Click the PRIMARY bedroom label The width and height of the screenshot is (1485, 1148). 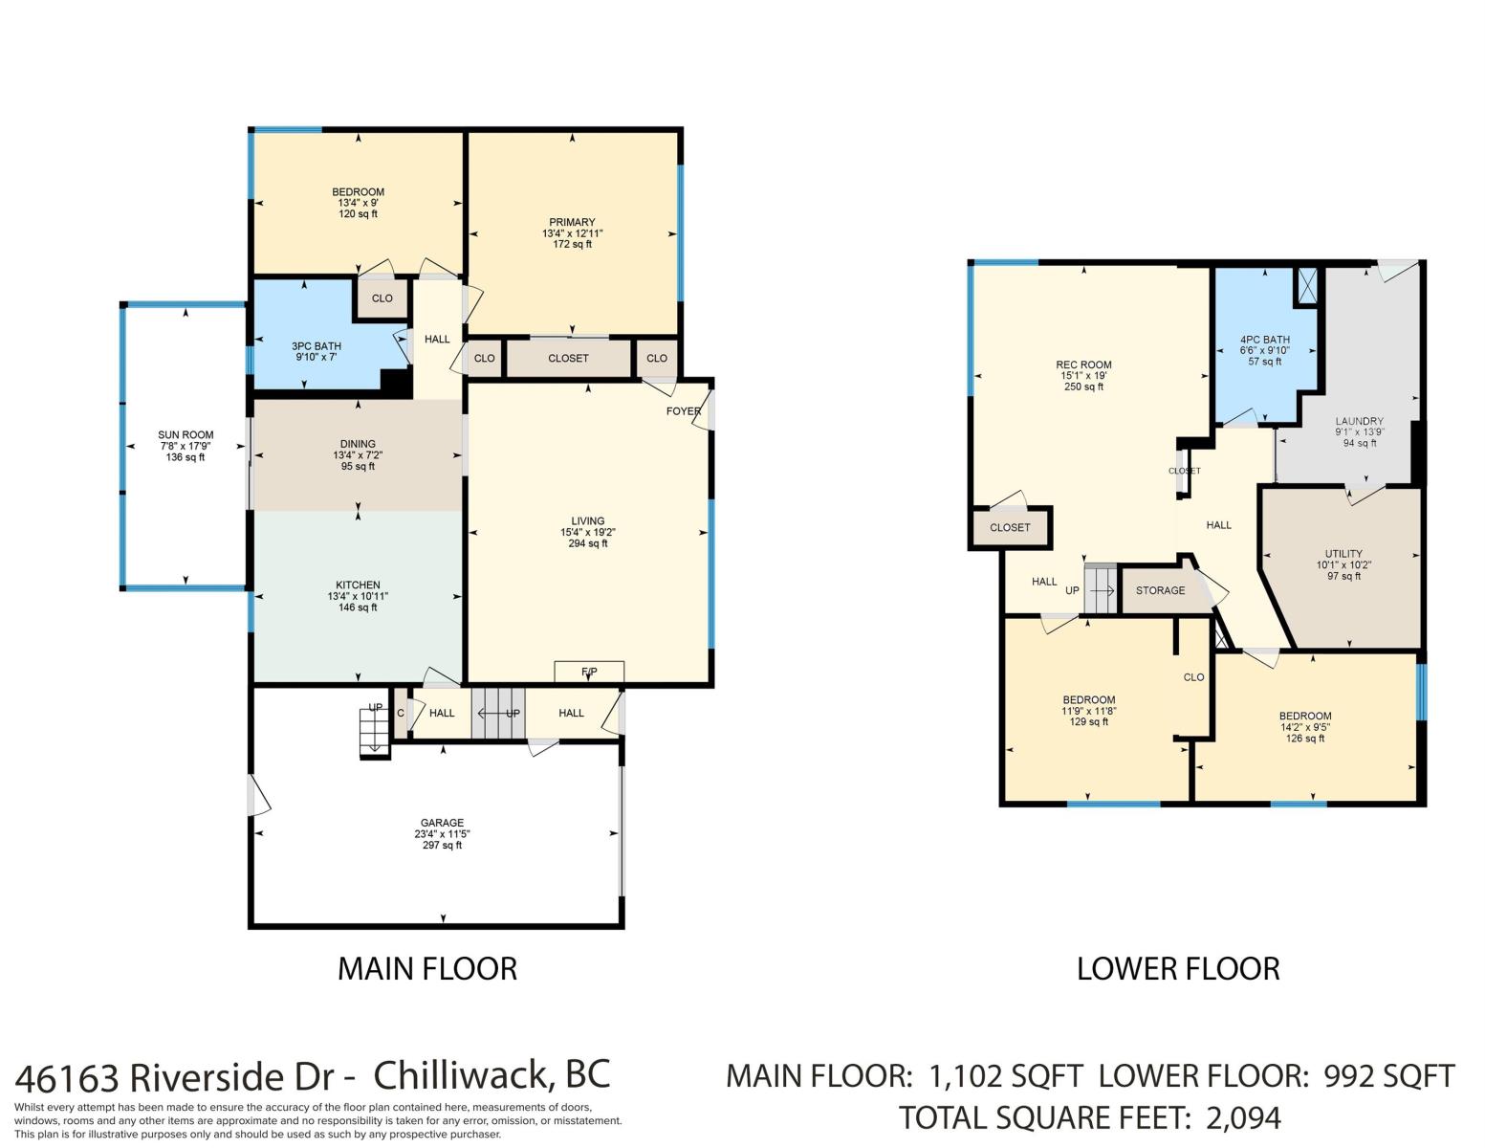click(571, 222)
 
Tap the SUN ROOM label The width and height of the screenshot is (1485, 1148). click(186, 435)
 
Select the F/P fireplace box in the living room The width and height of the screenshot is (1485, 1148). click(588, 672)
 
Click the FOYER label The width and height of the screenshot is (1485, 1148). click(684, 411)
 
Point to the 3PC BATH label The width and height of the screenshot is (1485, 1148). click(316, 346)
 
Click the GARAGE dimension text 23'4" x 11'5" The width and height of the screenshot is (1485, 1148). click(442, 834)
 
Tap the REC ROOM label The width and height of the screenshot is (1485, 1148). click(1083, 365)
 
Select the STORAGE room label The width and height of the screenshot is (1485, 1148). click(1160, 590)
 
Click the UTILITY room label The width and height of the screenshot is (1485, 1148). click(1343, 554)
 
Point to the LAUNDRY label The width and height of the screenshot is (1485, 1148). click(1359, 421)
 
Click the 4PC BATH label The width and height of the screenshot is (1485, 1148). click(1264, 340)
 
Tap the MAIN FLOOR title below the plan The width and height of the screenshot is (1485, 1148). click(427, 969)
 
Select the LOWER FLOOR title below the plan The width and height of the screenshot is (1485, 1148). click(1177, 969)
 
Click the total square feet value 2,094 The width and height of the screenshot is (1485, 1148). click(1243, 1118)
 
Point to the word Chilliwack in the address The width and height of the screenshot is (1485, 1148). click(462, 1075)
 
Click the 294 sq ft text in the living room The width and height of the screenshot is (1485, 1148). click(588, 543)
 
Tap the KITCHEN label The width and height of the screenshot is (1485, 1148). click(358, 585)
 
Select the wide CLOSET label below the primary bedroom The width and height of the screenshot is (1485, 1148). click(568, 359)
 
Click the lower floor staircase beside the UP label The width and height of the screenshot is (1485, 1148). click(1100, 589)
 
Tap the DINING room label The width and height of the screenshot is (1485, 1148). click(358, 444)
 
